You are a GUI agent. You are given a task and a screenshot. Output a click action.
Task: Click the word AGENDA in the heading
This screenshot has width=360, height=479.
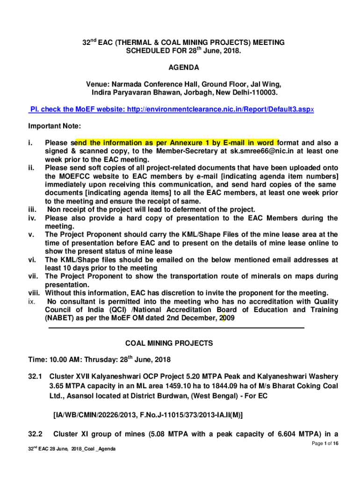tap(181, 67)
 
